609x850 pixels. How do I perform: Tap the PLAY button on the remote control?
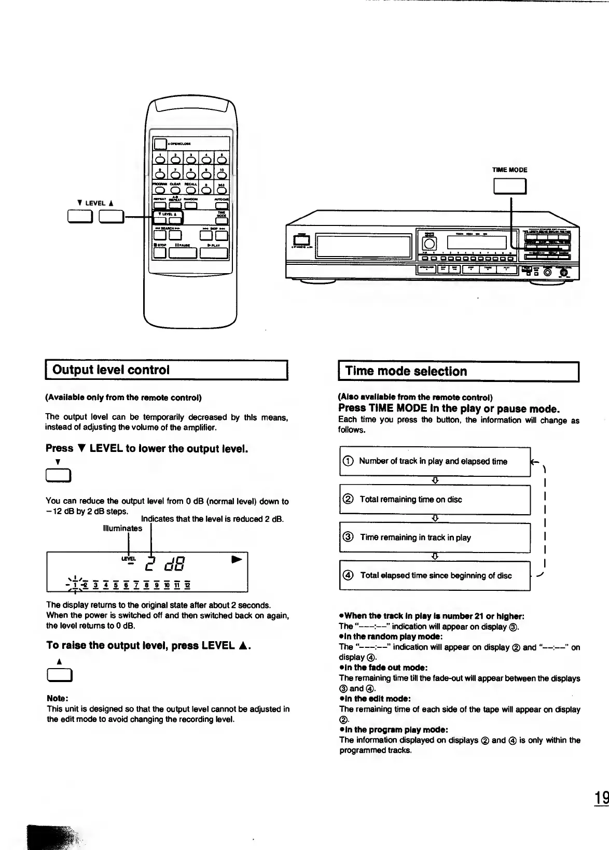pos(214,253)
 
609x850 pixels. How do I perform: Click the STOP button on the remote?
pos(159,253)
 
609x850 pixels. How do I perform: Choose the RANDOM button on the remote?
pos(191,206)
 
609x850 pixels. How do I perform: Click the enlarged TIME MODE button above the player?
pos(510,186)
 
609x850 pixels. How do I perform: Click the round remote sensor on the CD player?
pos(431,244)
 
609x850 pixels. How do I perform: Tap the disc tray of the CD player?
pos(363,246)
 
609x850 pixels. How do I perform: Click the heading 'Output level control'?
pos(111,370)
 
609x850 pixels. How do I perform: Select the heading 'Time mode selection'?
pos(406,371)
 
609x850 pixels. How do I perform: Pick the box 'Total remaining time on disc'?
pos(435,500)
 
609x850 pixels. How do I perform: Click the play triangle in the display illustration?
pos(237,560)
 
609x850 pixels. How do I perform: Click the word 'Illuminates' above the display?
pos(122,529)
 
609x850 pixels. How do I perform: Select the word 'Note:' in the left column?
pos(58,698)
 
